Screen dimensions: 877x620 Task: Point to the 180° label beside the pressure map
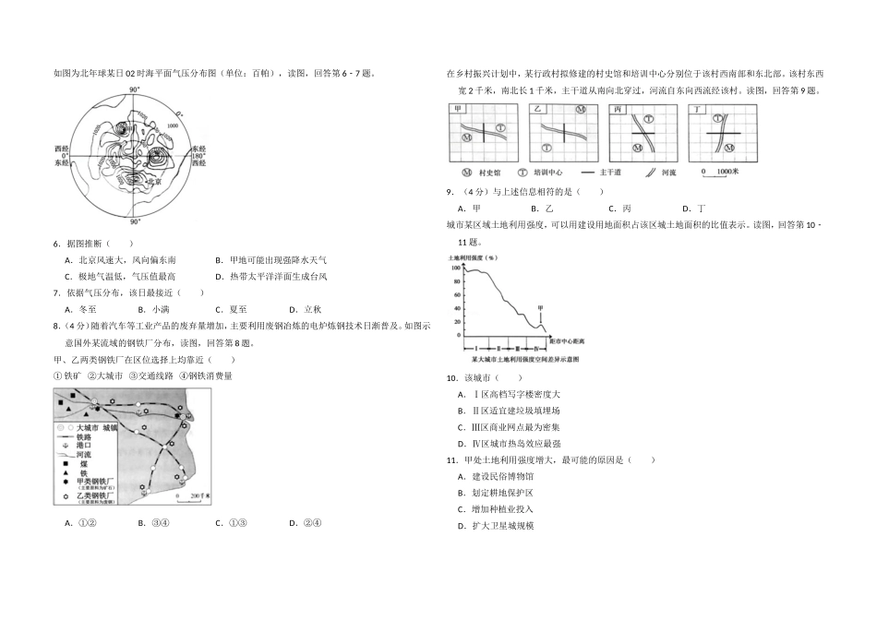pos(199,155)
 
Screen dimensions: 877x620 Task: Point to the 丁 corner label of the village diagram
pos(698,109)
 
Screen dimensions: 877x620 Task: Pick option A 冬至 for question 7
pos(80,310)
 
